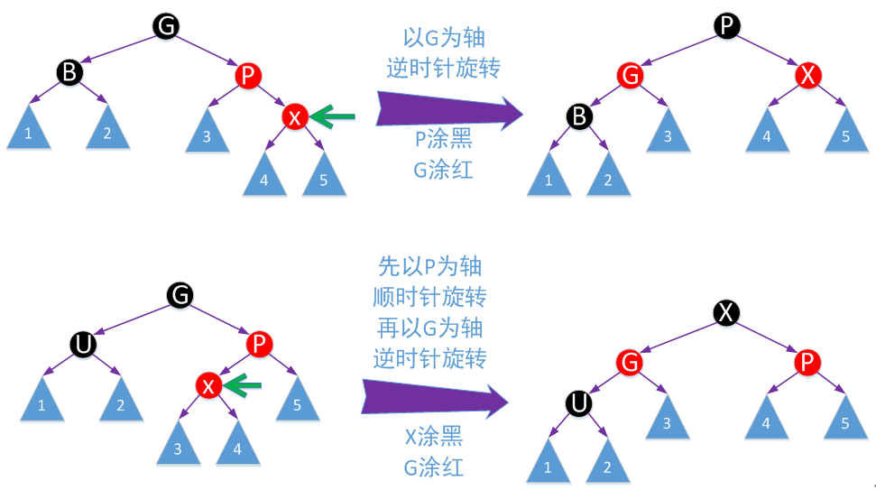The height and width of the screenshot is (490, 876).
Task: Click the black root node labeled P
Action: [727, 26]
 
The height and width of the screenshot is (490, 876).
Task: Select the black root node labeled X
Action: [727, 312]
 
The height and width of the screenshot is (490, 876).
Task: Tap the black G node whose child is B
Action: [166, 26]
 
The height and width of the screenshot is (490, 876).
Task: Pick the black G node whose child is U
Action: [180, 294]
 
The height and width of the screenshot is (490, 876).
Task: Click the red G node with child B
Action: [631, 76]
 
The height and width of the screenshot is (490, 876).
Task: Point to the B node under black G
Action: [69, 73]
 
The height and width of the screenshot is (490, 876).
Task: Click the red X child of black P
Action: [807, 76]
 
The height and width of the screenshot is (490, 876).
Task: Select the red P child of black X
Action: [807, 363]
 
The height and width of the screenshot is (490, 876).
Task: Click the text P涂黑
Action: [443, 140]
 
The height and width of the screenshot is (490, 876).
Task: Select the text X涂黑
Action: [433, 438]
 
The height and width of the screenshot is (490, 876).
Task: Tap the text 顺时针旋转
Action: [429, 296]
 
